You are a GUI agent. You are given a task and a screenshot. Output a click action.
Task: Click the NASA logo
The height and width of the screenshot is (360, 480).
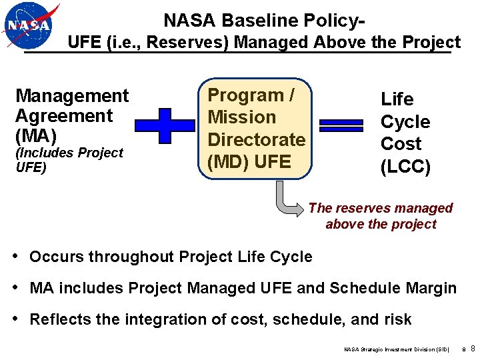29,26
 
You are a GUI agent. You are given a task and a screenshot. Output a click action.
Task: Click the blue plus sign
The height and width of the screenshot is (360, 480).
165,126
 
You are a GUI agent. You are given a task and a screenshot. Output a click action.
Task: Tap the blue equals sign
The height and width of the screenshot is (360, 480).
341,126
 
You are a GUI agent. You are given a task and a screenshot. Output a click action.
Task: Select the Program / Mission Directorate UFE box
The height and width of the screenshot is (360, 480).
255,131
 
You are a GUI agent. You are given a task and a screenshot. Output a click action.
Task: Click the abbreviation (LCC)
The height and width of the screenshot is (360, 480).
405,167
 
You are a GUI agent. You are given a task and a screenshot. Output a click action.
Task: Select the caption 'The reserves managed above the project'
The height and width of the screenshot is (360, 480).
381,216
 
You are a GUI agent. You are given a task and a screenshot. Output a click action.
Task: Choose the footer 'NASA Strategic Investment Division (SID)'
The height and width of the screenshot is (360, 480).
396,349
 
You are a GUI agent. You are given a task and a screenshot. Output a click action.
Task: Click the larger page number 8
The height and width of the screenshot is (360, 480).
473,349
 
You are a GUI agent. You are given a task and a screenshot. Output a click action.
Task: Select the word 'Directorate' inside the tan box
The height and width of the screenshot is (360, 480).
256,139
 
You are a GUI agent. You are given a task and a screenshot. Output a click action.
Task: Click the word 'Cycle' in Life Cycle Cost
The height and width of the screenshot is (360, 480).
405,122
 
